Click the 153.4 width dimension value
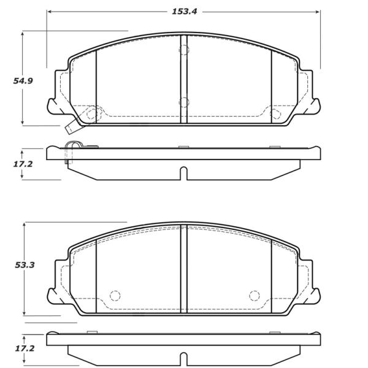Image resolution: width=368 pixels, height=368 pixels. coord(184,12)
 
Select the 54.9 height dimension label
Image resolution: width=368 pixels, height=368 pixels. coord(23,81)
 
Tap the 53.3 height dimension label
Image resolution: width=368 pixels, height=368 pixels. coord(25,265)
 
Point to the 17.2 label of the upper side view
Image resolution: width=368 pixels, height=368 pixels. coord(23,164)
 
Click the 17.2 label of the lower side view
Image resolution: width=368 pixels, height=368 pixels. coord(25,348)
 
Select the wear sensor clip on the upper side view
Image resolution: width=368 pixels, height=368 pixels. coord(73,152)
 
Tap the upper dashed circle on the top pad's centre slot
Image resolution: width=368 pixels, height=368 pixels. coord(184,50)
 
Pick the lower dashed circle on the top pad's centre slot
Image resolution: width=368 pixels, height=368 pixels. coord(184,102)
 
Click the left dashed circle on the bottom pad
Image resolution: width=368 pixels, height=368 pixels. coord(115,296)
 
